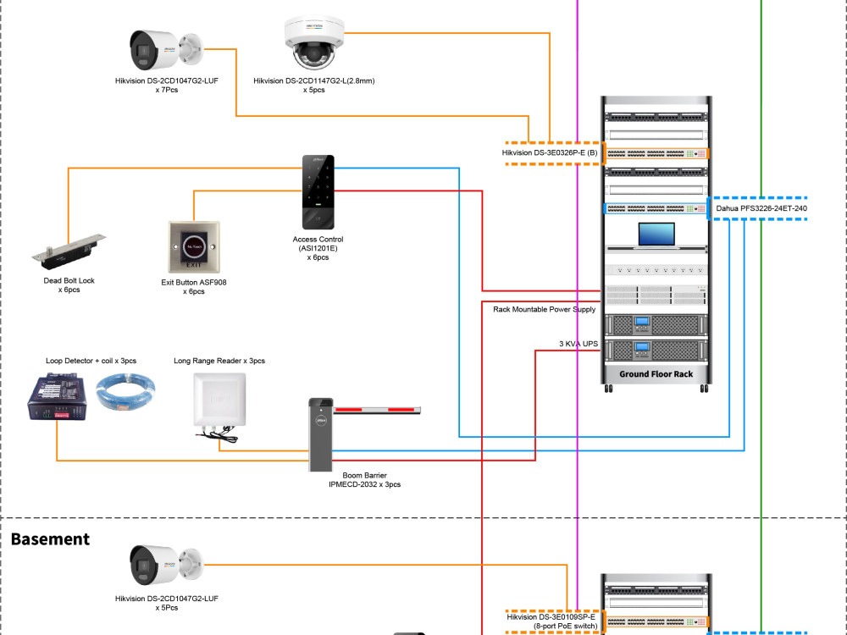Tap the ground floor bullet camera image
(x=165, y=51)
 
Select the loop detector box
(x=57, y=398)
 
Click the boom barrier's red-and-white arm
(x=378, y=411)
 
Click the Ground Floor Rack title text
(x=656, y=373)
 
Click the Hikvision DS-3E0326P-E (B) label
(x=550, y=153)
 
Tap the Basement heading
(x=50, y=538)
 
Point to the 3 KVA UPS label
(x=578, y=344)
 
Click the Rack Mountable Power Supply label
(x=544, y=310)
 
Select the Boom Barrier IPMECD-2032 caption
(x=364, y=480)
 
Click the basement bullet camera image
(x=165, y=566)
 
